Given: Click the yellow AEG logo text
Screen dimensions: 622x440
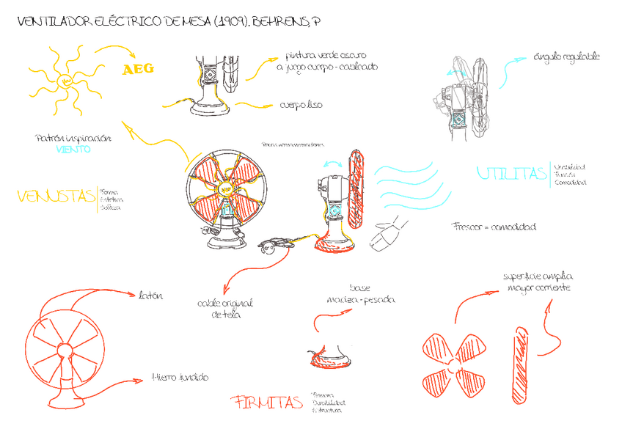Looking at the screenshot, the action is (139, 70).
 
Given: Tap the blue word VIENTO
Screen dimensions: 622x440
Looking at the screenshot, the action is (73, 149).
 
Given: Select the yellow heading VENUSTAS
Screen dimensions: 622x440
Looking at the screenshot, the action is (56, 197).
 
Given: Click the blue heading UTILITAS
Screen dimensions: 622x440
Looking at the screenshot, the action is (511, 174).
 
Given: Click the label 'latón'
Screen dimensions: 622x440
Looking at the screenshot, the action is (150, 295).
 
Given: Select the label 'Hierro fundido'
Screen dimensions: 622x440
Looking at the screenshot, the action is (180, 377).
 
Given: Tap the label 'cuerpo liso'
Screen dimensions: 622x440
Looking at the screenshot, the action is (301, 105).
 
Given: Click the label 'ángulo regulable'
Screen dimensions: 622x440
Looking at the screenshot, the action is (567, 56).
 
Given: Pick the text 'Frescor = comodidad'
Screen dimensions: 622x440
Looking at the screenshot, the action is (494, 227).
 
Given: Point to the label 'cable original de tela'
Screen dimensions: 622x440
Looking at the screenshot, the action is (226, 309).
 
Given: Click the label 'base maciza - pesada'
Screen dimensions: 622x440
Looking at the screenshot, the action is (361, 294).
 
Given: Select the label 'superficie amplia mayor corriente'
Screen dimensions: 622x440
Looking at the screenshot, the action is (538, 282).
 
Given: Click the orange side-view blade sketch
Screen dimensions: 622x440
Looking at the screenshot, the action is (522, 364).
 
